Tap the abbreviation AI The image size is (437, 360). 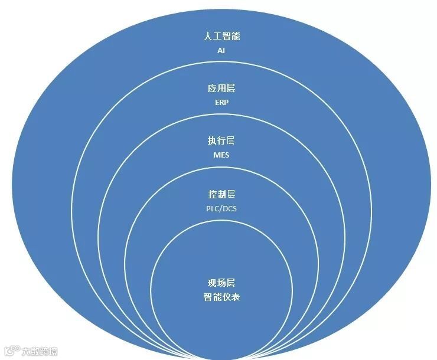coord(221,51)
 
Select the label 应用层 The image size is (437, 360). coord(221,89)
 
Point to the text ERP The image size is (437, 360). coord(221,103)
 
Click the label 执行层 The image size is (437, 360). coord(221,141)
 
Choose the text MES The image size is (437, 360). coord(221,155)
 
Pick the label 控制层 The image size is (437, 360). coord(221,194)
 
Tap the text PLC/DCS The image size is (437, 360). coord(221,208)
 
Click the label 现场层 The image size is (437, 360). coord(221,283)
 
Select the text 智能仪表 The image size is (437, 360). coord(221,297)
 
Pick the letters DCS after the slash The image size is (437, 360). coord(229,208)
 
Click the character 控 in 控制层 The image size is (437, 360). coord(211,194)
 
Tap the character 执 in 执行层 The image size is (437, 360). coord(211,141)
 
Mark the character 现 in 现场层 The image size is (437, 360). coord(211,283)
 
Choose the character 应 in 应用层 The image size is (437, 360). coord(211,89)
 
